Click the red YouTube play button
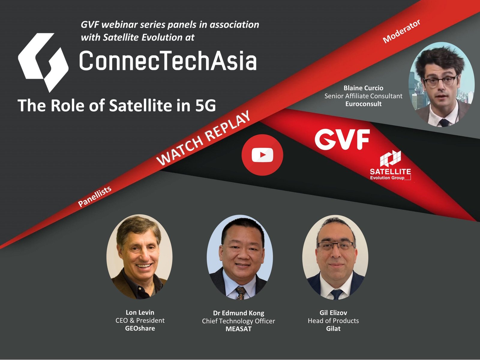[262, 155]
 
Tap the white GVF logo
[342, 139]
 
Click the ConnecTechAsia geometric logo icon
[43, 62]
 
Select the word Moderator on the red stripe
[401, 31]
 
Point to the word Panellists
[95, 196]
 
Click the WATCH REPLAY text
[203, 138]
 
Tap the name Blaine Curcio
[363, 88]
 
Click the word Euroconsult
[363, 103]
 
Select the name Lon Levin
[140, 312]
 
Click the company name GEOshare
[140, 328]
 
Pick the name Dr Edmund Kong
[238, 313]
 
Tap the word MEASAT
[238, 329]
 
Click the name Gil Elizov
[333, 313]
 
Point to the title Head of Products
[333, 321]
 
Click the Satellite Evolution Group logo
[390, 165]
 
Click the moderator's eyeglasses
[440, 81]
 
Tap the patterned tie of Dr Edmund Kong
[241, 293]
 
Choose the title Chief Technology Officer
[238, 321]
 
